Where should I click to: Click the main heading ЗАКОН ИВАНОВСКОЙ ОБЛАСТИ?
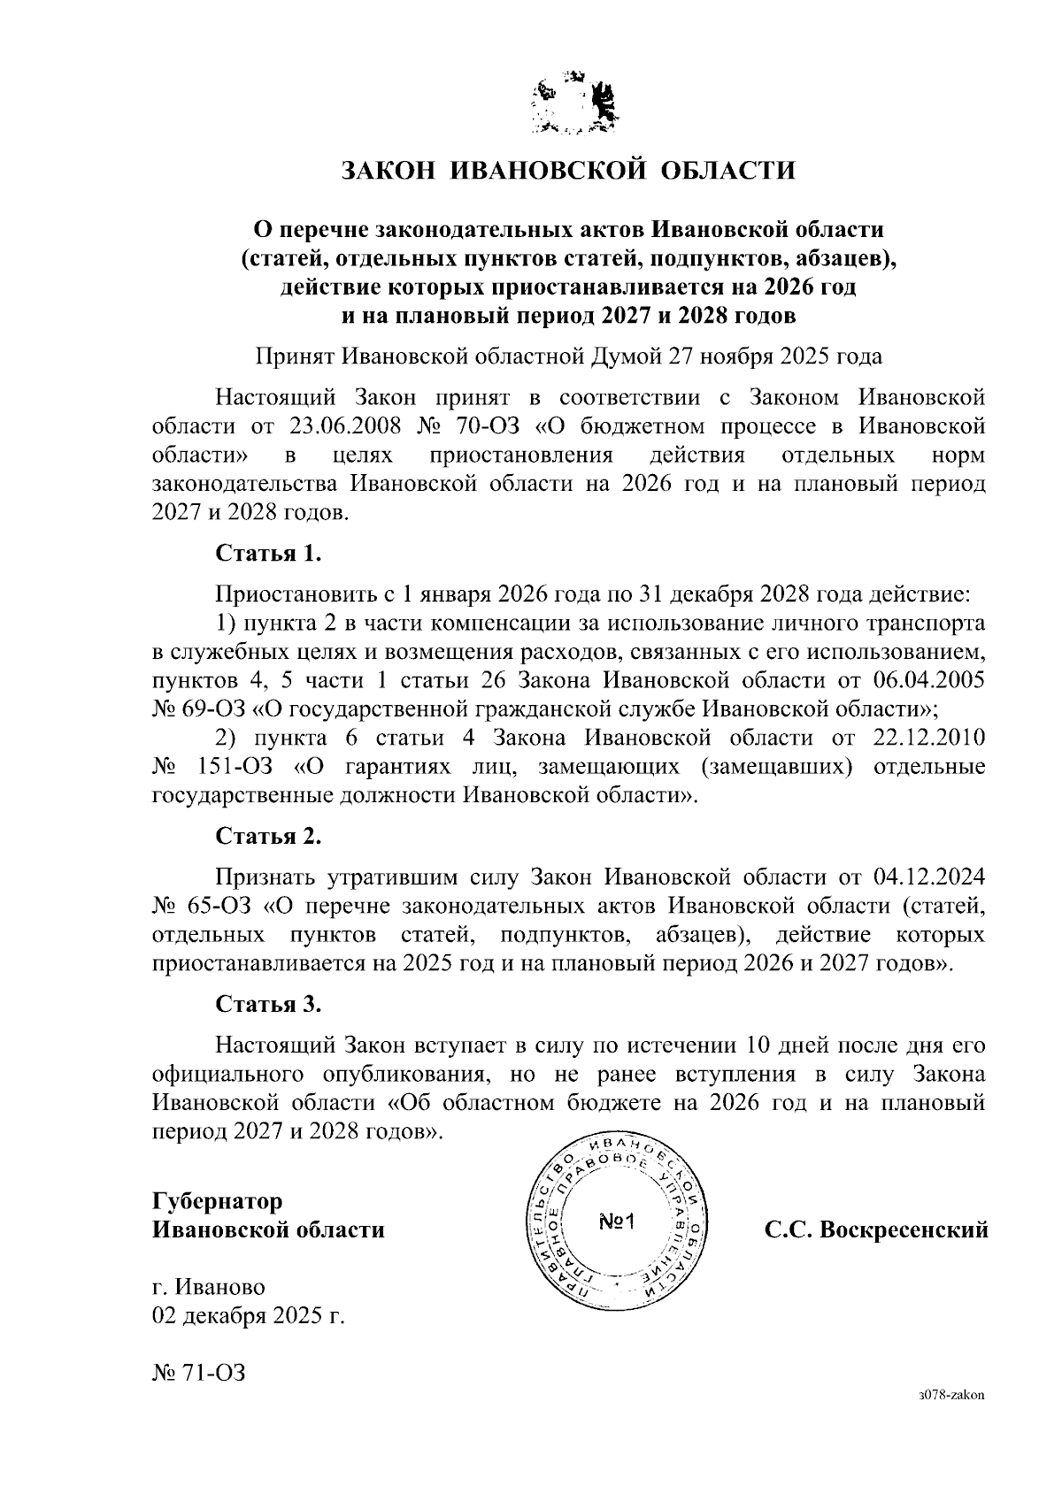click(x=569, y=170)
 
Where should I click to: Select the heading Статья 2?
click(x=268, y=836)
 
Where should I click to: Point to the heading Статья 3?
click(x=268, y=1004)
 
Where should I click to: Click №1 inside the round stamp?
click(x=619, y=1223)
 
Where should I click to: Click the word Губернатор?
click(x=218, y=1201)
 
